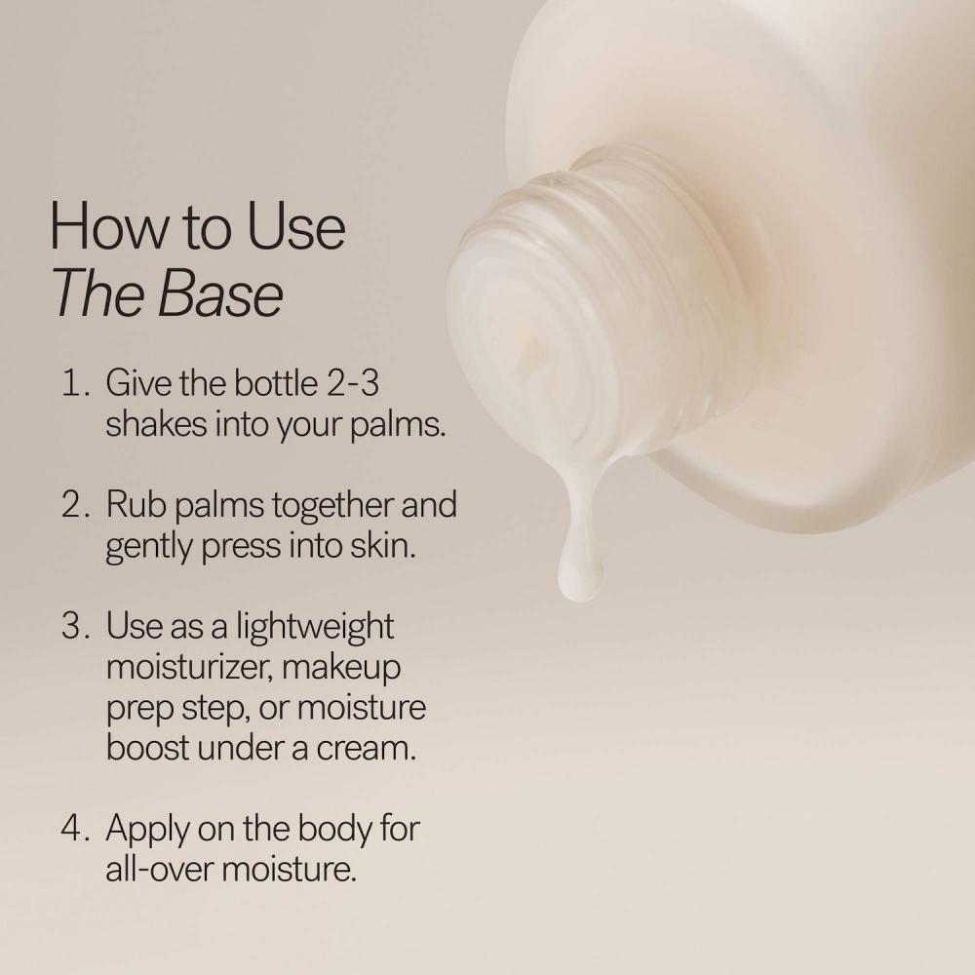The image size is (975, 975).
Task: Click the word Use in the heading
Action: click(x=295, y=226)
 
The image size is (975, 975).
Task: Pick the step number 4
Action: click(x=75, y=829)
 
